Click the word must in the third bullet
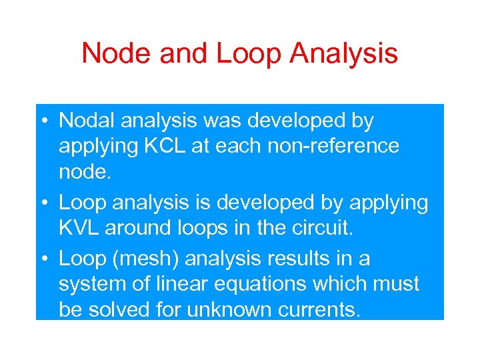coord(398,283)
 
